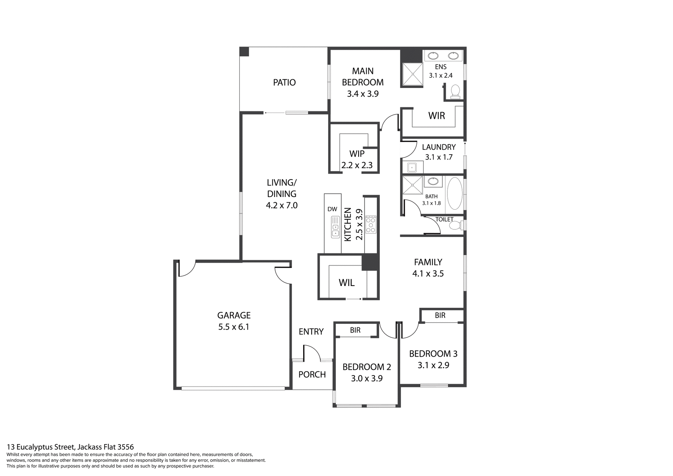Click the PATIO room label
tap(284, 82)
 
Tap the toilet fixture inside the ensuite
tap(455, 91)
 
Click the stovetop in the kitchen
tap(371, 225)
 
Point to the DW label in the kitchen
tap(332, 209)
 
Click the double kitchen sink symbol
tap(335, 227)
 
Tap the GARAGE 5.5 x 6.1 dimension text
tap(233, 327)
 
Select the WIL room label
tap(346, 283)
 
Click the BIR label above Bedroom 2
tap(355, 330)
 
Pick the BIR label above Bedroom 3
tap(440, 315)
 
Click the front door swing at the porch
tap(312, 353)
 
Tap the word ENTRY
tap(311, 332)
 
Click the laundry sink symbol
tap(412, 168)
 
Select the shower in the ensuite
tap(413, 74)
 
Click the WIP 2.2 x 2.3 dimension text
tap(357, 165)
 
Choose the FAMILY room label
tap(428, 262)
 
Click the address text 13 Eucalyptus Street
tap(70, 447)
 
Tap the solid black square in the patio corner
tap(244, 52)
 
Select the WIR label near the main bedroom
tap(436, 116)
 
